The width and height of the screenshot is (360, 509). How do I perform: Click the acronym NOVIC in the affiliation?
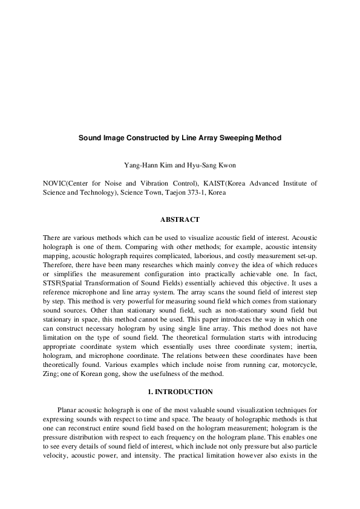[x=56, y=182]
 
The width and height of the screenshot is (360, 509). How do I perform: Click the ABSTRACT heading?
[x=180, y=219]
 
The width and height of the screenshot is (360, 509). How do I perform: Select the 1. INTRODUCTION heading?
[x=180, y=392]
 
